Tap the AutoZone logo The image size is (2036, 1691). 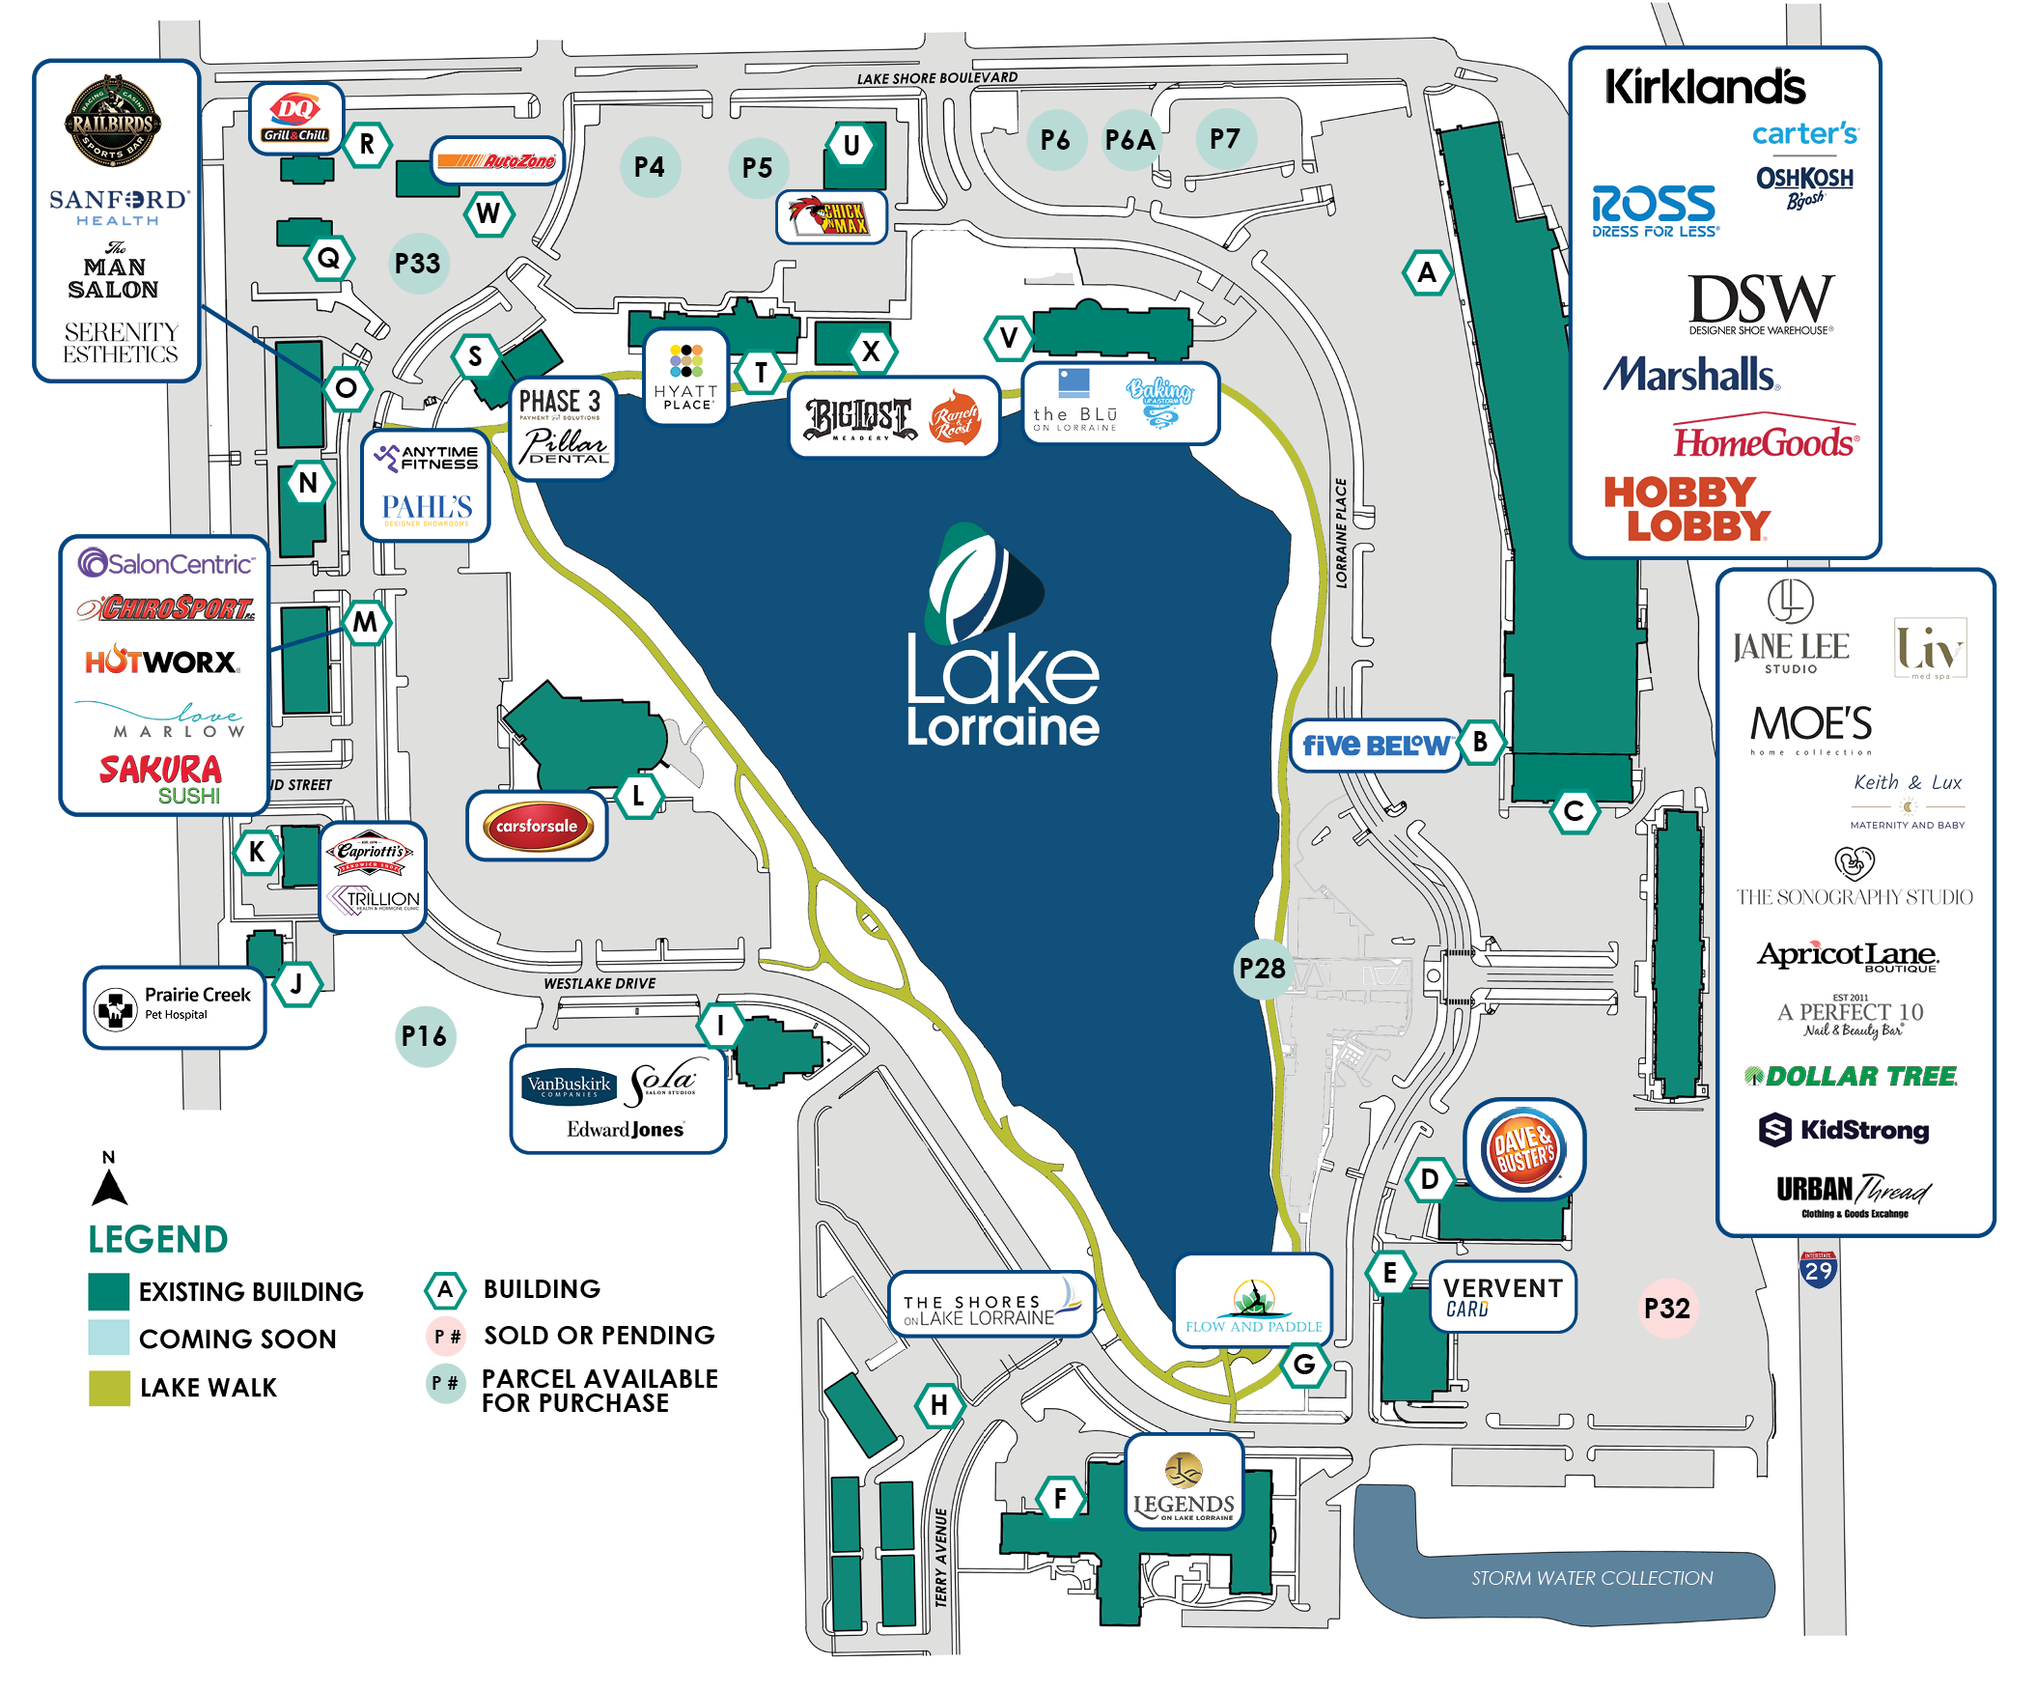point(495,160)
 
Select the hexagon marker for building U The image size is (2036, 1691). point(851,146)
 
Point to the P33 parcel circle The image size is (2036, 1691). point(418,263)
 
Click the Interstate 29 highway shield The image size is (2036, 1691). point(1818,1269)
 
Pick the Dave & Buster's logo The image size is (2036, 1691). point(1524,1149)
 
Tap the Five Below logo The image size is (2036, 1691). point(1375,745)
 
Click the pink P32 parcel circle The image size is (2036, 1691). point(1666,1309)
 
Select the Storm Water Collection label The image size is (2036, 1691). point(1592,1578)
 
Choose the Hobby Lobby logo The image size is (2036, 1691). point(1686,509)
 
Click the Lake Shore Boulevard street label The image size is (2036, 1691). point(936,77)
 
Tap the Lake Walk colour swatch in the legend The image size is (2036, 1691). point(108,1387)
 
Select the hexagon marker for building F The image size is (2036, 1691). point(1060,1498)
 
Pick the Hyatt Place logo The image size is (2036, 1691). point(686,377)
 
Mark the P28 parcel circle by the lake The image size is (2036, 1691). point(1262,968)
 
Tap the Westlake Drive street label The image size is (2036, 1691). point(600,983)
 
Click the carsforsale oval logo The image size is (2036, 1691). point(536,826)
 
